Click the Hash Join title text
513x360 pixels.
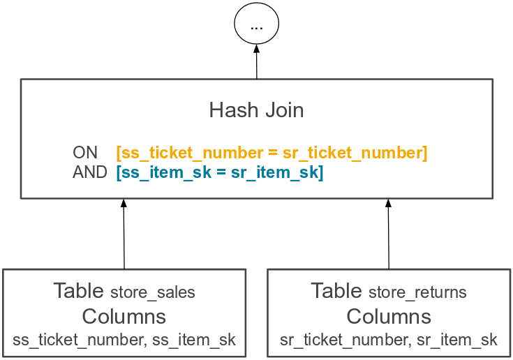click(x=256, y=110)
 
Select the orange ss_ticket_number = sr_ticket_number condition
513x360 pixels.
click(x=272, y=153)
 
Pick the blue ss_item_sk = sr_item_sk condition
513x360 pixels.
click(x=220, y=172)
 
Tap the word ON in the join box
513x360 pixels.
click(x=85, y=153)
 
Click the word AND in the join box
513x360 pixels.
click(x=90, y=172)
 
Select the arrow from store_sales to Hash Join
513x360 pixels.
click(x=124, y=234)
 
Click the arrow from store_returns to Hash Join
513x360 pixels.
click(x=389, y=234)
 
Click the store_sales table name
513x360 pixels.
click(x=153, y=292)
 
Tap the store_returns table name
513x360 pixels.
click(x=417, y=292)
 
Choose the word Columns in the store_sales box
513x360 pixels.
click(x=124, y=317)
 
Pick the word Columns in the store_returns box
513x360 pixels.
click(x=389, y=317)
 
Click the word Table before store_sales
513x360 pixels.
click(x=80, y=291)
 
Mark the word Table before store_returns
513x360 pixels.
click(x=336, y=291)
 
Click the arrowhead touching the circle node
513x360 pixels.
click(x=256, y=50)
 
